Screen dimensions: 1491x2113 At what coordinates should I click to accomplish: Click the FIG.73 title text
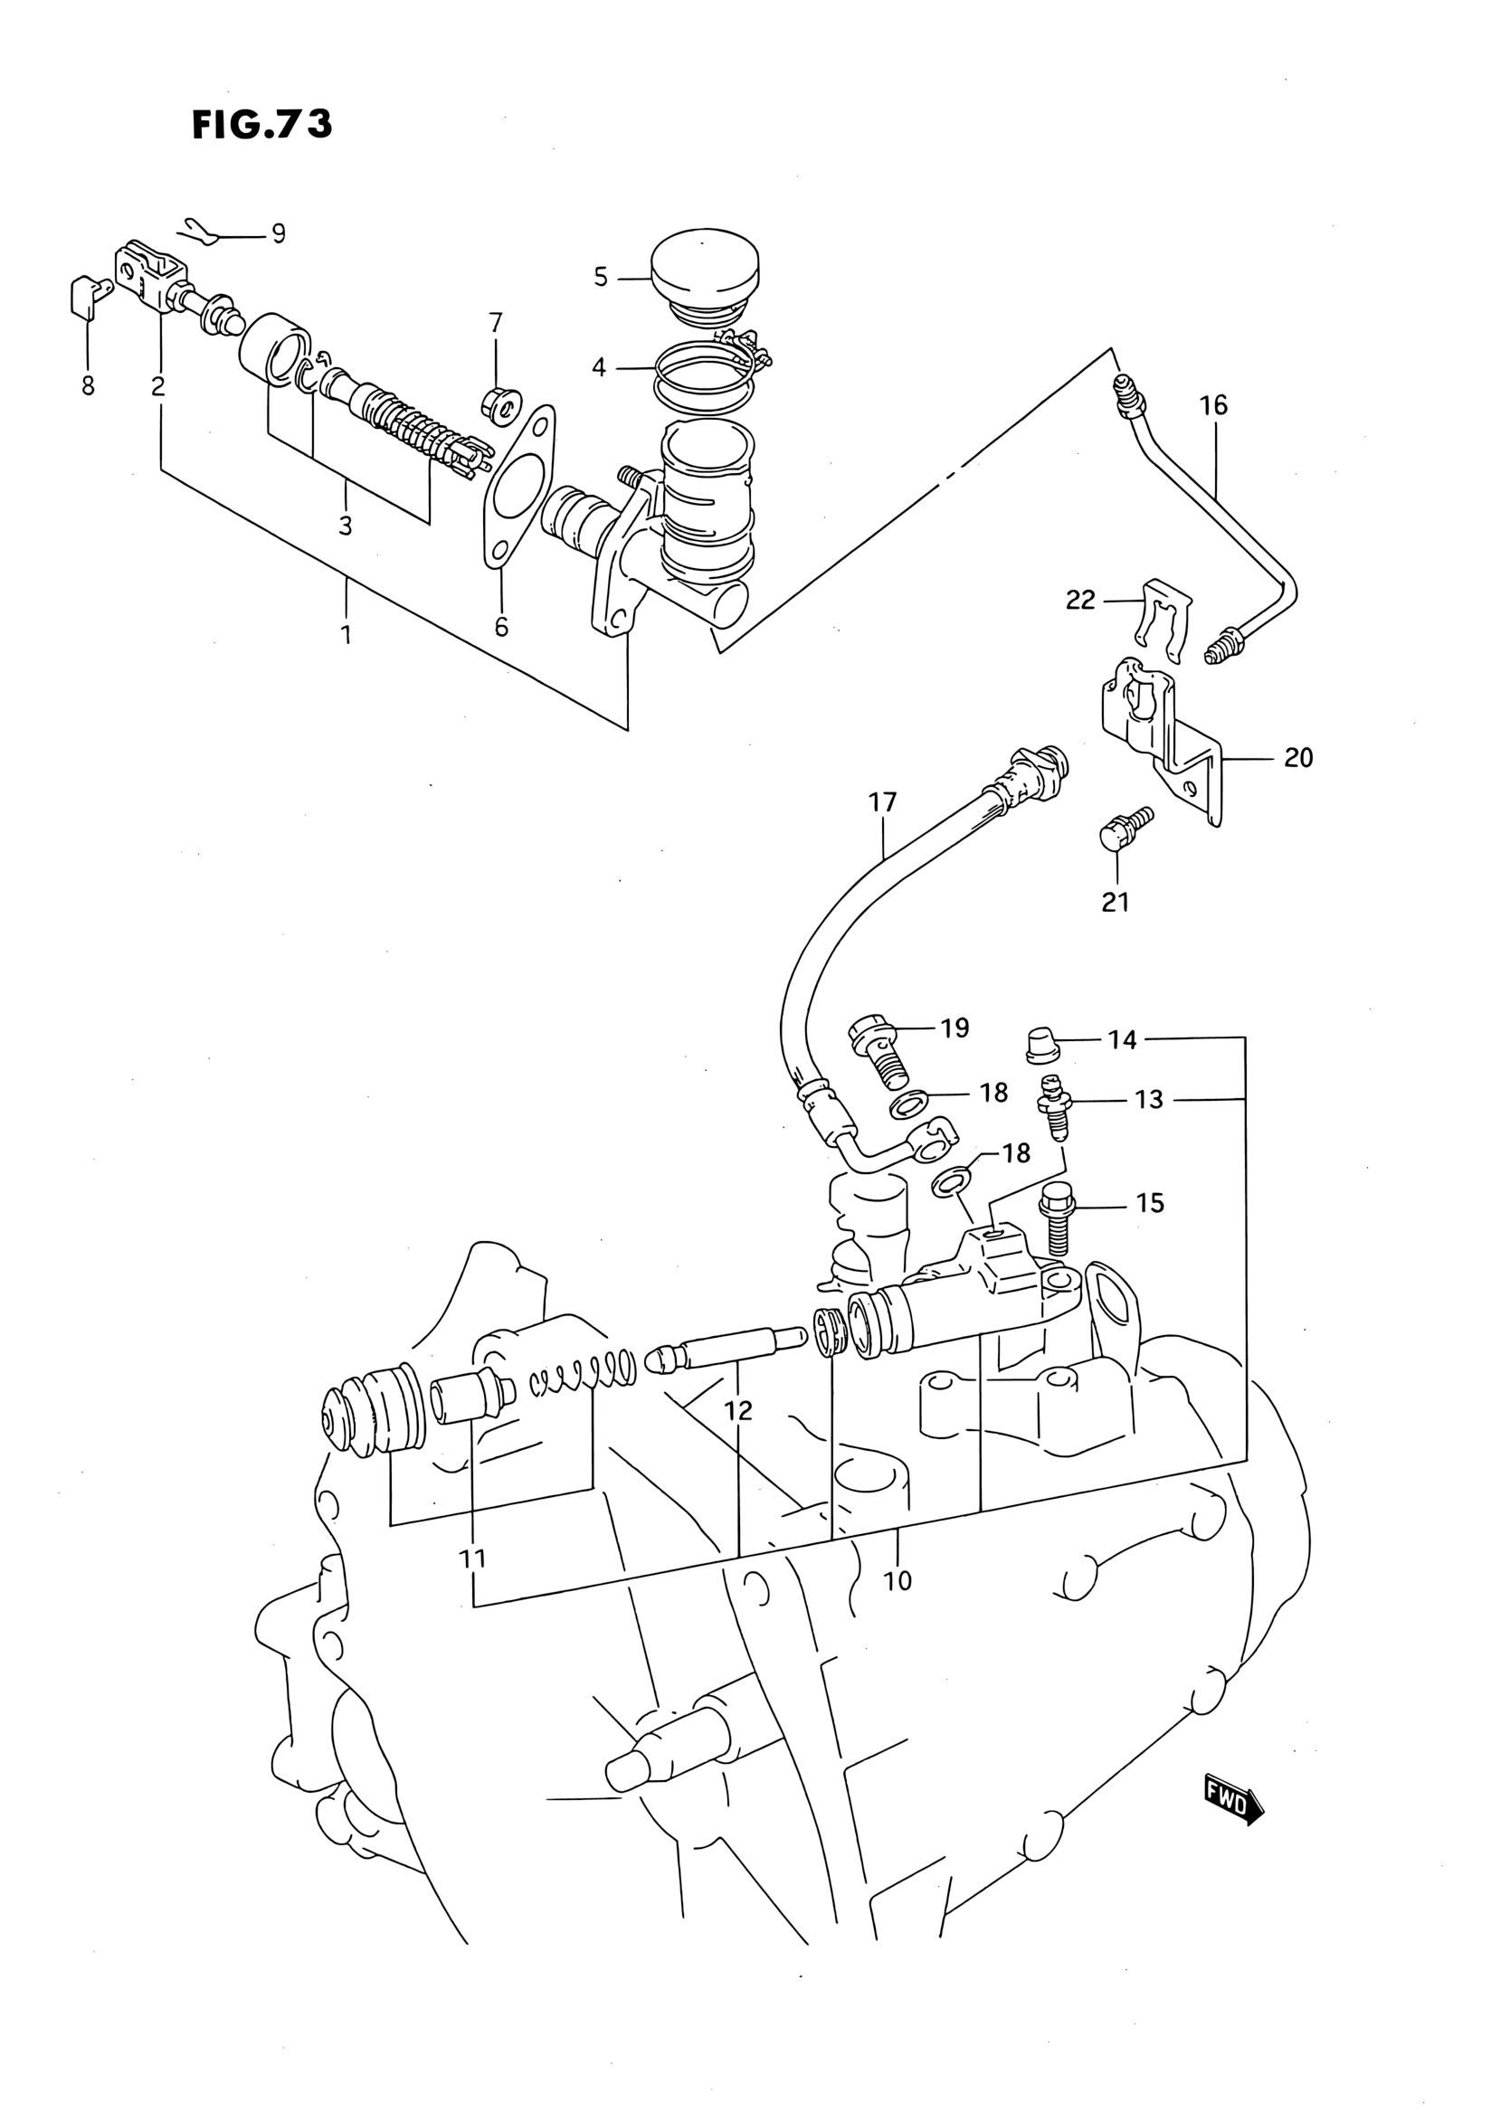click(262, 125)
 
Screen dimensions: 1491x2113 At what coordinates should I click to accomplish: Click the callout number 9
click(279, 233)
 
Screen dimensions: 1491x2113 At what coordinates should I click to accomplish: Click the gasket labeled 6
click(518, 491)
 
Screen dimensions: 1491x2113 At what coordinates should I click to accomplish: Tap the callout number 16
click(1213, 405)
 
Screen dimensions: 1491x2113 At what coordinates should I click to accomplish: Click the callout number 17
click(882, 802)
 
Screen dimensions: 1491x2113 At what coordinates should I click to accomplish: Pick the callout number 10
click(897, 1580)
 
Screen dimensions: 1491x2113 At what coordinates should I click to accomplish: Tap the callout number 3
click(345, 526)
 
